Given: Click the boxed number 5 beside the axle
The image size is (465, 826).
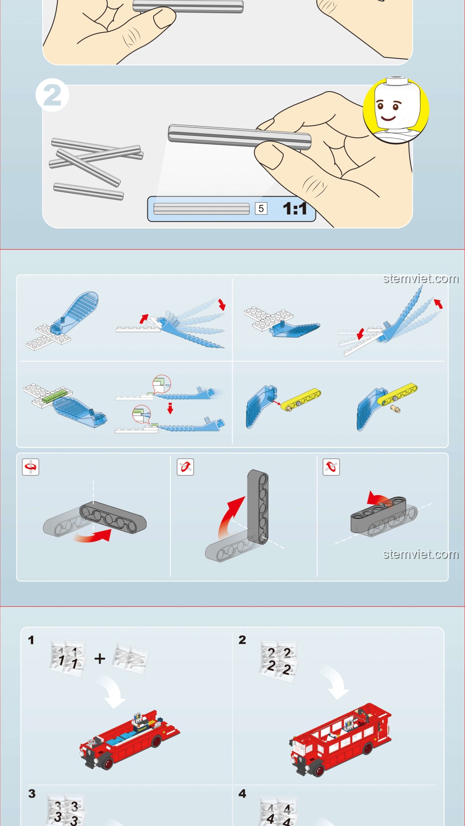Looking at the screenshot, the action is tap(261, 209).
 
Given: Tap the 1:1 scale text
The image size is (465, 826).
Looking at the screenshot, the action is tap(295, 209).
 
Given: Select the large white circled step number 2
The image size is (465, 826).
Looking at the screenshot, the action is tap(52, 95).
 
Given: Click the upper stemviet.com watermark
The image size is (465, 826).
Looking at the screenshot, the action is tap(421, 279).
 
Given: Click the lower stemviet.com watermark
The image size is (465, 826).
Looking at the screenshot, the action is tap(421, 554).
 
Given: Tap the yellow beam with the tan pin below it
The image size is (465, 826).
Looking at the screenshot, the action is tap(397, 394).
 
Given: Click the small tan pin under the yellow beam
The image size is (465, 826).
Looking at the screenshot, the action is tap(395, 409).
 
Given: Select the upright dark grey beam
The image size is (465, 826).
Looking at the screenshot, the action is tap(258, 507).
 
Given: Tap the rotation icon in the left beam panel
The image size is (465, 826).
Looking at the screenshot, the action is tap(31, 467).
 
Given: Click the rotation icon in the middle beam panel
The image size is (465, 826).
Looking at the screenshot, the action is tap(186, 467).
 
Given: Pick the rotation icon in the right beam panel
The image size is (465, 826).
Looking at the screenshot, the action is tap(331, 467).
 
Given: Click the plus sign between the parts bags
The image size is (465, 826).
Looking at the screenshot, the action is tap(100, 658).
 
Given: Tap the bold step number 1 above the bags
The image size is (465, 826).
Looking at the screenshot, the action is tap(31, 640).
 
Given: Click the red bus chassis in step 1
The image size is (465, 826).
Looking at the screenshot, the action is tap(129, 740).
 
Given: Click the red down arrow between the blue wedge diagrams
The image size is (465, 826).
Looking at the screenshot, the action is tap(170, 408).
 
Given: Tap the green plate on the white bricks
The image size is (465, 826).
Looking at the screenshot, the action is tap(55, 396).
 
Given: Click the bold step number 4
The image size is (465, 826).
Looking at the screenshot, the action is tap(242, 794).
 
